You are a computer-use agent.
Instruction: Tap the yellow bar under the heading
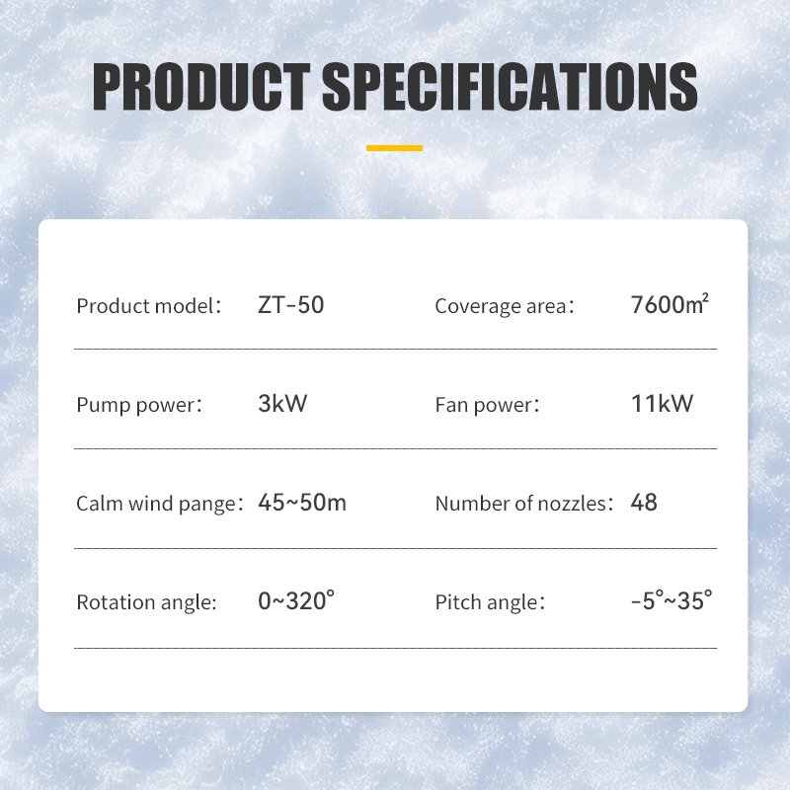pos(394,148)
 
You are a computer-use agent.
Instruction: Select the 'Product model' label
pos(149,306)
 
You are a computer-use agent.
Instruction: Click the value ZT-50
pos(290,305)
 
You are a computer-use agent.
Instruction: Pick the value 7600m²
pos(670,304)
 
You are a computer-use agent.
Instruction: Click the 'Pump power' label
pos(139,405)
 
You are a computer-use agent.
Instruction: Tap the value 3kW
pos(282,404)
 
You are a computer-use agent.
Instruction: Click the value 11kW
pos(662,403)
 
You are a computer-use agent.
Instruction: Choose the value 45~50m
pos(302,502)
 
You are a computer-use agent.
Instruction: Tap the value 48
pos(644,502)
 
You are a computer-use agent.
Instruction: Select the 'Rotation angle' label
pos(146,602)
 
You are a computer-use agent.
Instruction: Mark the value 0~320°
pos(296,599)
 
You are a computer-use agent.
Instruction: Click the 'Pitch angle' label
pos(489,602)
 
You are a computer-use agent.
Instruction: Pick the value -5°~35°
pos(671,599)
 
